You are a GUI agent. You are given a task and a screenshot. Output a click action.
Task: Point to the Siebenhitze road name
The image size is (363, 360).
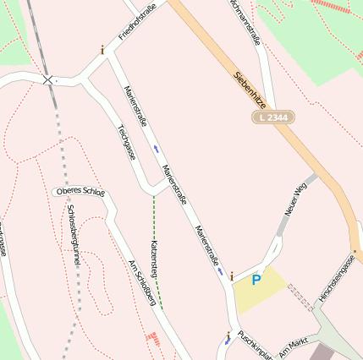click(x=252, y=85)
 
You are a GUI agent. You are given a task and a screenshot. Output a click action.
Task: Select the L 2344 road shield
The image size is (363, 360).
click(x=272, y=117)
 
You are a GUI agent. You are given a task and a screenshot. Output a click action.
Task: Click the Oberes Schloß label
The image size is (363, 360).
click(x=80, y=192)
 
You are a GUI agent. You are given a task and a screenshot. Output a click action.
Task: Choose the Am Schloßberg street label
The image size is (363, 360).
click(x=142, y=281)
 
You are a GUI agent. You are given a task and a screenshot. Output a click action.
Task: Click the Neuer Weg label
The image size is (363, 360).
click(x=295, y=199)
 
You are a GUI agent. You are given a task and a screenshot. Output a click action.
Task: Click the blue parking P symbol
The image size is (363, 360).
click(x=256, y=280)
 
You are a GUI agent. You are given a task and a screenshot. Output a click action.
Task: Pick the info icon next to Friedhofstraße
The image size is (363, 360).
click(x=102, y=50)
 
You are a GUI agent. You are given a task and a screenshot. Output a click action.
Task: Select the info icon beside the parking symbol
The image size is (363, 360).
click(x=231, y=275)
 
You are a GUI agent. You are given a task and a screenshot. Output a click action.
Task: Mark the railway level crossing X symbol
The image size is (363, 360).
click(x=47, y=80)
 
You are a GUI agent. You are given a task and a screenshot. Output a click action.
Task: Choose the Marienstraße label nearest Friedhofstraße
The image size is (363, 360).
click(x=136, y=106)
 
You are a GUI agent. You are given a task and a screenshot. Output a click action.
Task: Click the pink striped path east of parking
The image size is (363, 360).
click(x=300, y=297)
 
